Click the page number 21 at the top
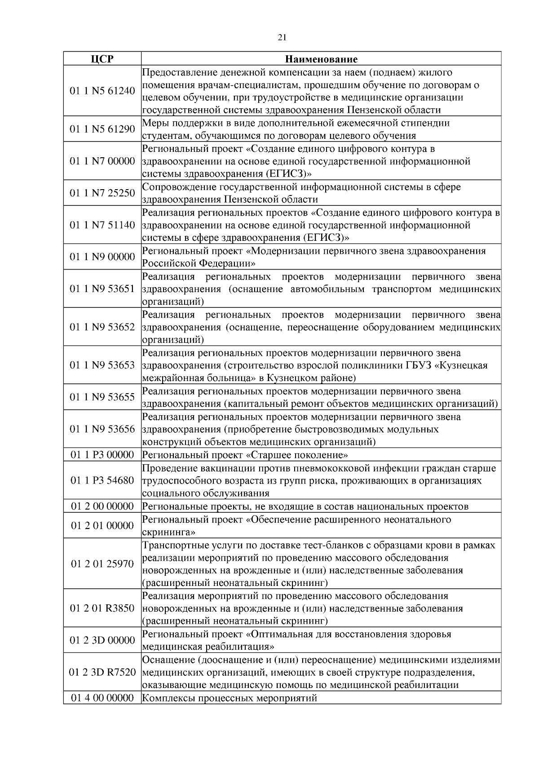(x=282, y=38)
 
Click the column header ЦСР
(x=102, y=59)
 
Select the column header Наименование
(x=321, y=59)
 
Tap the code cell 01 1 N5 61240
(x=102, y=91)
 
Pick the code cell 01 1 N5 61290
(x=102, y=129)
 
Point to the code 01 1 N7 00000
(x=102, y=161)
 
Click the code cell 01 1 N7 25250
(x=102, y=193)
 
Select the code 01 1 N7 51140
(x=102, y=225)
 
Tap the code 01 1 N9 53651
(x=102, y=288)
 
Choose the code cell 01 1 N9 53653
(x=102, y=365)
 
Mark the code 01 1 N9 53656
(x=102, y=429)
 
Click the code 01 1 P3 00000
(x=102, y=455)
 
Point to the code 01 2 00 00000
(x=102, y=506)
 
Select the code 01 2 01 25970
(x=102, y=563)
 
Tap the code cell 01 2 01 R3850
(x=102, y=608)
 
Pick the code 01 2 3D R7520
(x=102, y=672)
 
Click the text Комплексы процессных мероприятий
(x=230, y=698)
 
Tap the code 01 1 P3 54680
(x=102, y=480)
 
